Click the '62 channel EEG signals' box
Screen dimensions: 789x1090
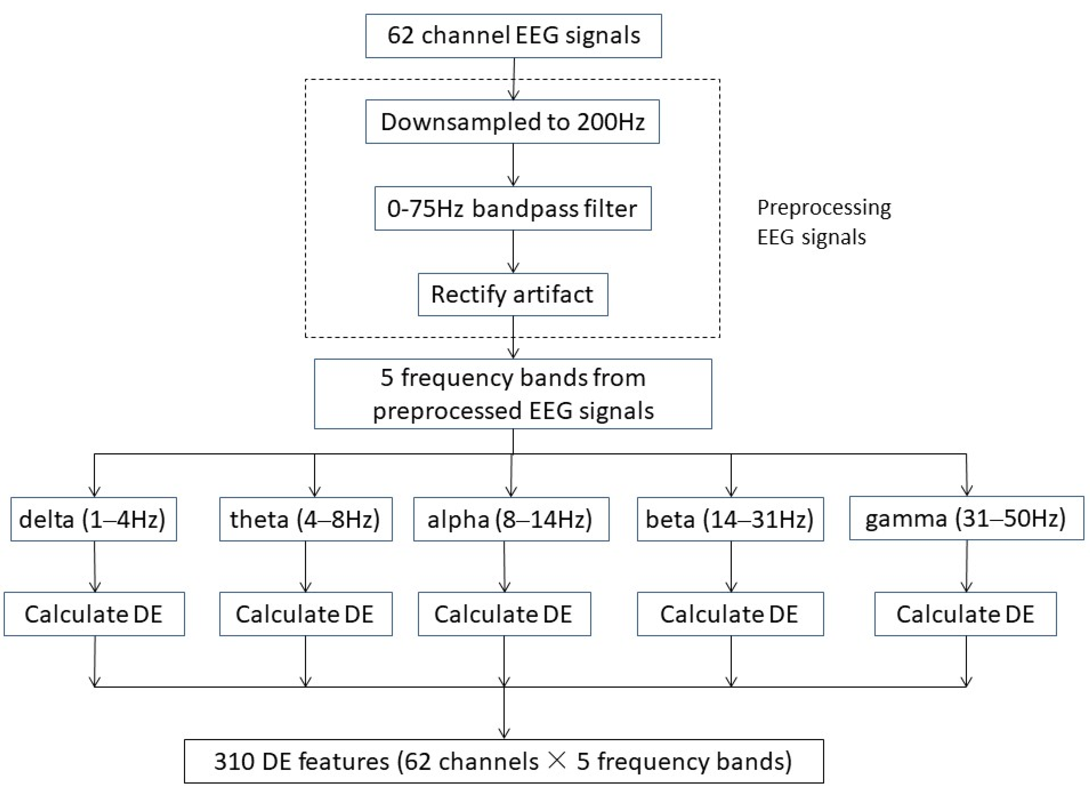tap(513, 36)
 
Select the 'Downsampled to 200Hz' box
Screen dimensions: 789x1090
tap(512, 122)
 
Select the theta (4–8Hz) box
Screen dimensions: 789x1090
tap(306, 519)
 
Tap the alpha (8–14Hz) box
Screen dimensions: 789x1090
tap(511, 519)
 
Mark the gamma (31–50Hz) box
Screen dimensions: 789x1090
tap(966, 518)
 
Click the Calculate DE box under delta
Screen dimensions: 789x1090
tap(94, 614)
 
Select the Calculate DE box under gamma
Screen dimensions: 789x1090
tap(965, 614)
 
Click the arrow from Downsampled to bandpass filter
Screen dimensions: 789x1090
tap(513, 165)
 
